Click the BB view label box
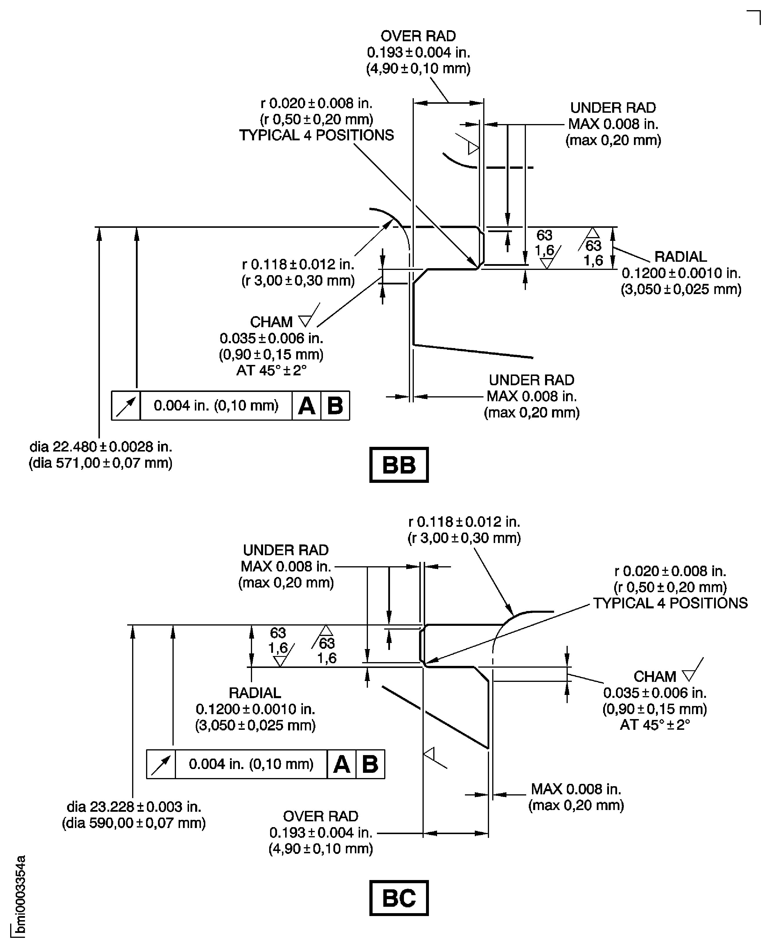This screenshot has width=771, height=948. click(x=398, y=465)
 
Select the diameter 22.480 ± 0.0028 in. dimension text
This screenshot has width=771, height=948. click(x=101, y=447)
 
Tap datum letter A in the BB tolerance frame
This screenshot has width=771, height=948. click(x=306, y=406)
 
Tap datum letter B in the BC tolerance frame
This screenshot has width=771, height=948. click(x=370, y=764)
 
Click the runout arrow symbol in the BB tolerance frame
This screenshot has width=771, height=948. click(x=126, y=406)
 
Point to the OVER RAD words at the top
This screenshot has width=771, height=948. click(x=418, y=36)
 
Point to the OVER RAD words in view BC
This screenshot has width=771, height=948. click(x=320, y=816)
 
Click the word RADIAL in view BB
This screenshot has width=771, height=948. click(x=680, y=257)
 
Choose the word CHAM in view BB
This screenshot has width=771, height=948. click(x=271, y=322)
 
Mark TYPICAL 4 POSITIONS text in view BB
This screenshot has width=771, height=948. click(x=316, y=135)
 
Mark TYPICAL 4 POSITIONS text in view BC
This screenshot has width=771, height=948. click(x=670, y=603)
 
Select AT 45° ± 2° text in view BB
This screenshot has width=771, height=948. click(x=271, y=370)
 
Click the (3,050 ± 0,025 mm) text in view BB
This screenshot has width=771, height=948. click(x=681, y=289)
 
